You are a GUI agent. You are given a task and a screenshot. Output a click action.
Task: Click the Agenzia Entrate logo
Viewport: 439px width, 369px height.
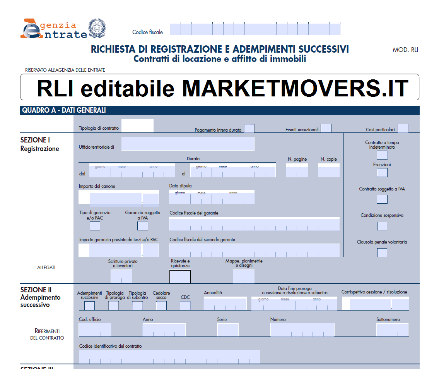point(54,29)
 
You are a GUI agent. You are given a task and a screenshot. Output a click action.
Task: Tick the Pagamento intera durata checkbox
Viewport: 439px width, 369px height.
point(249,129)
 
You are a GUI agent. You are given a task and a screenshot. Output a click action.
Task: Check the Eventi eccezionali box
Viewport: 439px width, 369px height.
point(326,129)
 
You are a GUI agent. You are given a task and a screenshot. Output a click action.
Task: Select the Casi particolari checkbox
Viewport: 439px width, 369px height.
point(403,129)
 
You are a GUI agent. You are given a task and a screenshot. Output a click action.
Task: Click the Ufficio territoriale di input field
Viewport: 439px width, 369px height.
point(188,144)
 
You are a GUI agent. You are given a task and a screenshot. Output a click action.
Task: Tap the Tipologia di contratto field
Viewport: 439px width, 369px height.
point(138,126)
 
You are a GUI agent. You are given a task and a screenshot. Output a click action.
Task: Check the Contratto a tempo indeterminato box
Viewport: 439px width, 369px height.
point(382,155)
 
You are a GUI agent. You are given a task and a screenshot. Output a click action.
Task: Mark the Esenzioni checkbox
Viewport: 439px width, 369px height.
point(382,172)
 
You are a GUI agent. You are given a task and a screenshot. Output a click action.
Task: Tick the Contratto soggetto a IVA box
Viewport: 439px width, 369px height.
point(382,199)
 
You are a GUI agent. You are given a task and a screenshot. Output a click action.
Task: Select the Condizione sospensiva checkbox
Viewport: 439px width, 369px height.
point(382,226)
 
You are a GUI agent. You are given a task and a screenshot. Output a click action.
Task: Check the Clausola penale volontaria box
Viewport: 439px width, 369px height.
point(382,252)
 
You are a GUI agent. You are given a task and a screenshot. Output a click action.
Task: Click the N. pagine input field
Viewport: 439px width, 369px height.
point(297,170)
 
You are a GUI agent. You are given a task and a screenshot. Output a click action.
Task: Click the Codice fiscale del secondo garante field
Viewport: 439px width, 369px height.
point(254,250)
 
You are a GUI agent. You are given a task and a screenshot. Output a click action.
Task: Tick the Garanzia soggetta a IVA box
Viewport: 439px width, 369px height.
point(143,226)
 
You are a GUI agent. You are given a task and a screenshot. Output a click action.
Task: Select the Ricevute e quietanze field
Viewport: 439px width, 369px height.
point(180,276)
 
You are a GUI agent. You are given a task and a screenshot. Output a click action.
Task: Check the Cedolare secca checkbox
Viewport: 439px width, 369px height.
point(161,305)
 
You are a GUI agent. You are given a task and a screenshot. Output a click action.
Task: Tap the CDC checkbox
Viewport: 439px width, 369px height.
point(185,305)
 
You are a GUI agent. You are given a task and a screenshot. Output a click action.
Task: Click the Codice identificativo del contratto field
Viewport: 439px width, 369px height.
point(169,357)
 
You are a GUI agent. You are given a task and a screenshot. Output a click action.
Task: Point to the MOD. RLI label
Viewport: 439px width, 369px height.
point(405,50)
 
